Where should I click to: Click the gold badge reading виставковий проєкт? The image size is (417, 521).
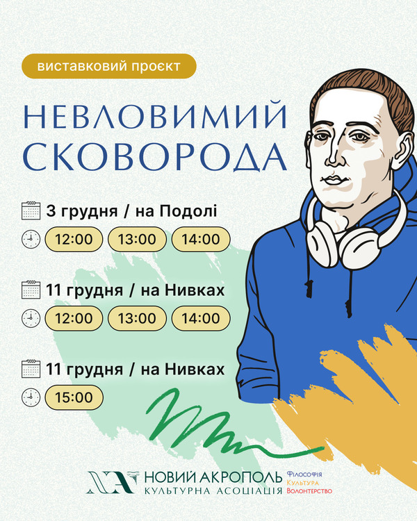pos(108,66)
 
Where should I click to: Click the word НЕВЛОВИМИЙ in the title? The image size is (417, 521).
pos(155,116)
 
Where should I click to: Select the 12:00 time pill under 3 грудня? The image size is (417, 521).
pos(74,239)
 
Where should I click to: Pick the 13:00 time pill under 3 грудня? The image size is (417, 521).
pos(137,239)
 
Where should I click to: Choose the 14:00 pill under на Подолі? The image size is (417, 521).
pos(201,239)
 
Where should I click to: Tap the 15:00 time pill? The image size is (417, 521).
pos(74,397)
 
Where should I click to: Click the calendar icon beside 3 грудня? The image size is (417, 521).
pos(31,210)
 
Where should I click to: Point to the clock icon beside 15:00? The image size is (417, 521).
pos(31,397)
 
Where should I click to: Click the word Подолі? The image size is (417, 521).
pos(188,211)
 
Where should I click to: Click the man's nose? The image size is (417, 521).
pos(335,156)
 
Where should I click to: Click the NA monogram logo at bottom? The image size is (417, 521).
pos(112,482)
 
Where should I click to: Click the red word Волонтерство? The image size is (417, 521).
pos(309,491)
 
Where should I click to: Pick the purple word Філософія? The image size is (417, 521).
pos(304,474)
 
